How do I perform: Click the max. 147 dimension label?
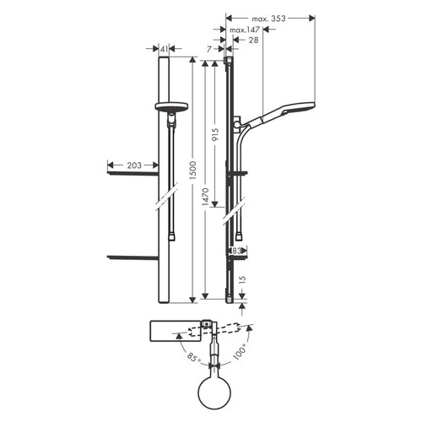[x=245, y=30]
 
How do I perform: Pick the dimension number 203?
[x=134, y=165]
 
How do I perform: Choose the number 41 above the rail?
[x=164, y=49]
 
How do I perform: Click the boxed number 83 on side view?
[x=238, y=251]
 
